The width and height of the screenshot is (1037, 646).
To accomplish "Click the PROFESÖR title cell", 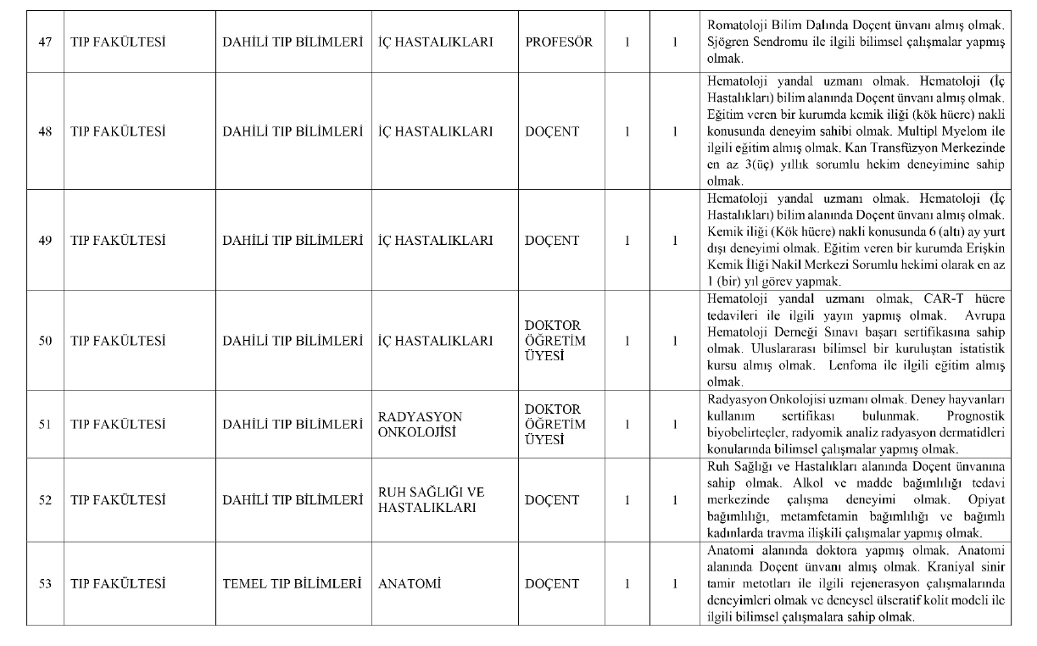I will tap(559, 42).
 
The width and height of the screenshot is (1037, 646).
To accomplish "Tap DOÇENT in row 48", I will tap(552, 132).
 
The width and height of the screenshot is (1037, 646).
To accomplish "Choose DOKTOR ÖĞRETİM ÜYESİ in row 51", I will tap(555, 424).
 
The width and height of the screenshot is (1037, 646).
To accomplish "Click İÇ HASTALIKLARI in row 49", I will tap(435, 241).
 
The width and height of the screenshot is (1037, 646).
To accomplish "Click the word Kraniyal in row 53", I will tap(950, 567).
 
